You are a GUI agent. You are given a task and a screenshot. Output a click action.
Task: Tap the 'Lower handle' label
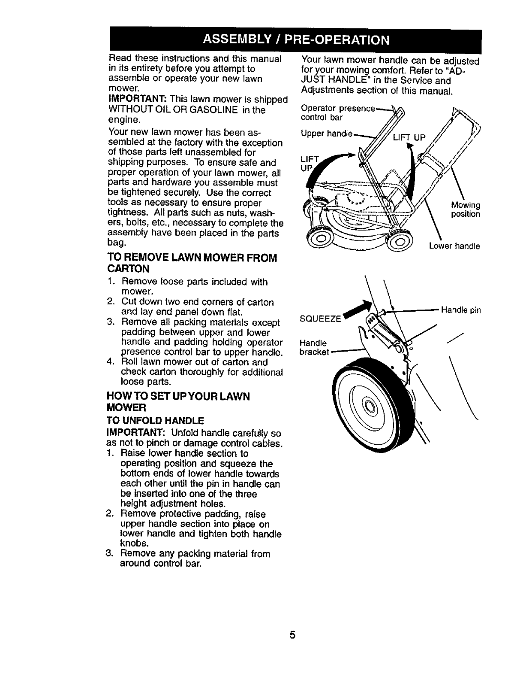click(454, 246)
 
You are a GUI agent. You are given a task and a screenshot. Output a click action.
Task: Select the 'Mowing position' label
click(466, 209)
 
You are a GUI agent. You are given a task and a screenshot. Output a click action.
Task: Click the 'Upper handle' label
click(326, 134)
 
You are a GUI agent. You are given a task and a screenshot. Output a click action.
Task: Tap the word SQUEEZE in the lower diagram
click(321, 319)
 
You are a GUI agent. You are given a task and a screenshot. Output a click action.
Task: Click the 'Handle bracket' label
click(314, 347)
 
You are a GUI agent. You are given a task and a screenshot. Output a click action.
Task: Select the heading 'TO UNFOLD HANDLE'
click(156, 420)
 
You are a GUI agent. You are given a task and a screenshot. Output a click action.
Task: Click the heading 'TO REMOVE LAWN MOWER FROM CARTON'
click(192, 263)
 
